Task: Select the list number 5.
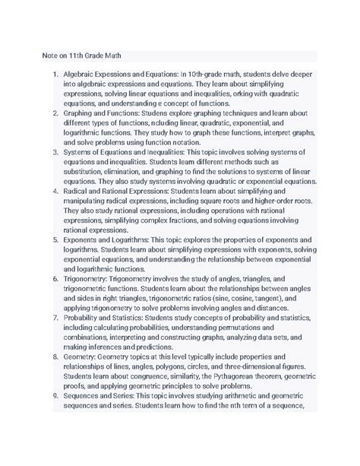coord(53,239)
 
